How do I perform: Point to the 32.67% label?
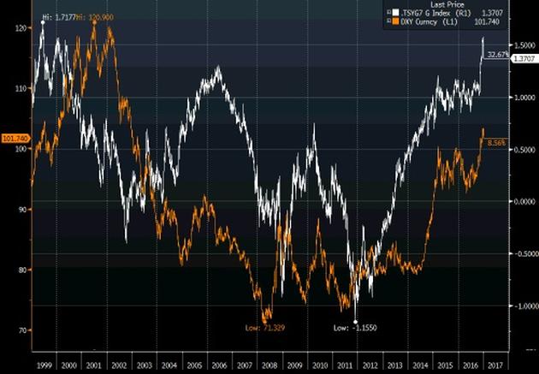point(497,55)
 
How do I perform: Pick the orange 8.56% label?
point(496,143)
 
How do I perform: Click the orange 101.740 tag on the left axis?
point(15,138)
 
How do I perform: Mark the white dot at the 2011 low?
point(355,320)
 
